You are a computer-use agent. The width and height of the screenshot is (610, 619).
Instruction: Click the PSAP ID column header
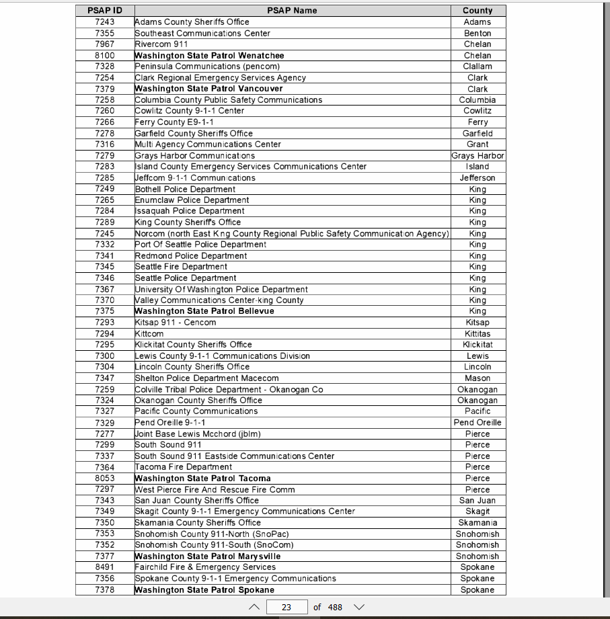[104, 11]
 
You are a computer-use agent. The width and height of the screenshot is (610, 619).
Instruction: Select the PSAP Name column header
[292, 11]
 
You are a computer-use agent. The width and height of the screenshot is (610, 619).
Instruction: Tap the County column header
[478, 11]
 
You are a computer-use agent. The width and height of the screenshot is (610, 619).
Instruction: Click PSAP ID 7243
[104, 22]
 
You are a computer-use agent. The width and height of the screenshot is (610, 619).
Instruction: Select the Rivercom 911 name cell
[161, 44]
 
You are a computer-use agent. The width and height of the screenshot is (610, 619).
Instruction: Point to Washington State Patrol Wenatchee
[210, 56]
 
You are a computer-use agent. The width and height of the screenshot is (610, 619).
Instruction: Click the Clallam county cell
[478, 67]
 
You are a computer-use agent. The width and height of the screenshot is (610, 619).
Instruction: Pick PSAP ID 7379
[104, 89]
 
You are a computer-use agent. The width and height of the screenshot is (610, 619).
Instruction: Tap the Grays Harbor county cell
[478, 156]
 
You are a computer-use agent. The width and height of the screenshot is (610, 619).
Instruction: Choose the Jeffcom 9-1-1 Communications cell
[195, 178]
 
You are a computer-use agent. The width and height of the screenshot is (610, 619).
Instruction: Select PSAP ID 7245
[104, 234]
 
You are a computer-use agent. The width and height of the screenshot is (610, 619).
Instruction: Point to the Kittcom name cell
[149, 334]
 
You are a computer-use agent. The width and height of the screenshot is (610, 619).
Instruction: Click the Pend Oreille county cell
[478, 423]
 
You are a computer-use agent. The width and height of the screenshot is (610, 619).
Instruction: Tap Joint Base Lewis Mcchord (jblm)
[198, 434]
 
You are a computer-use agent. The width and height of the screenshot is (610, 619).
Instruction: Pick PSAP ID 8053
[104, 479]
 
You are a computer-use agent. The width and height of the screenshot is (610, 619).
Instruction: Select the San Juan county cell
[478, 501]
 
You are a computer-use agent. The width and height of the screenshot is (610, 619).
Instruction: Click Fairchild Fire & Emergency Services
[205, 567]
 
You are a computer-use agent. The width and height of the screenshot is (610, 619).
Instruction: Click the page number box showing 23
[287, 607]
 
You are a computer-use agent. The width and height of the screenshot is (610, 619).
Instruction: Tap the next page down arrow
[359, 607]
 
